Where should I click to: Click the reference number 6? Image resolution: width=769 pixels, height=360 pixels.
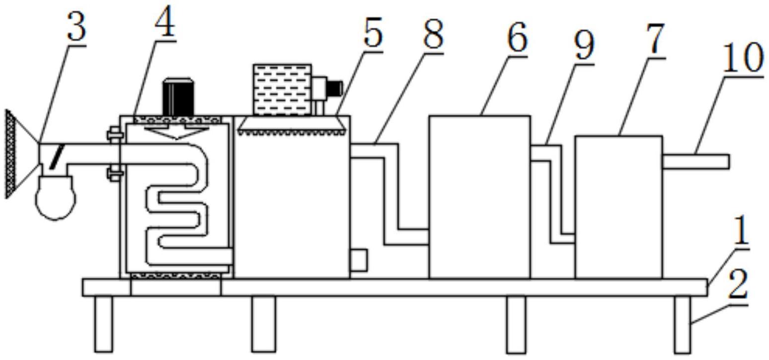(517, 38)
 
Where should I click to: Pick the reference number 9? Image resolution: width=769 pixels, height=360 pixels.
(584, 45)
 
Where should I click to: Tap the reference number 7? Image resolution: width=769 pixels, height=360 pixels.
(655, 39)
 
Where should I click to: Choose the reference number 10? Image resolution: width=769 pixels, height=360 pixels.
(743, 58)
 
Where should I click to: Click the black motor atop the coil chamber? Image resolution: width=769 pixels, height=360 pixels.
(178, 96)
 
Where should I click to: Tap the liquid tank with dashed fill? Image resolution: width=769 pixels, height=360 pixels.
(282, 89)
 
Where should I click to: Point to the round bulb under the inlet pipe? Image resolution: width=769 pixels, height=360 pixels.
(55, 197)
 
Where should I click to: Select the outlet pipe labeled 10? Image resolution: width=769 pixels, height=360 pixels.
(695, 162)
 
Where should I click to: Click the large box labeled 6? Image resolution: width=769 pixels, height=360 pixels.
(479, 197)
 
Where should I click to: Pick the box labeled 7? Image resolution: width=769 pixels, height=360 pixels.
(618, 207)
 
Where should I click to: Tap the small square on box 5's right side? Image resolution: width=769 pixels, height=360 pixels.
(358, 260)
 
